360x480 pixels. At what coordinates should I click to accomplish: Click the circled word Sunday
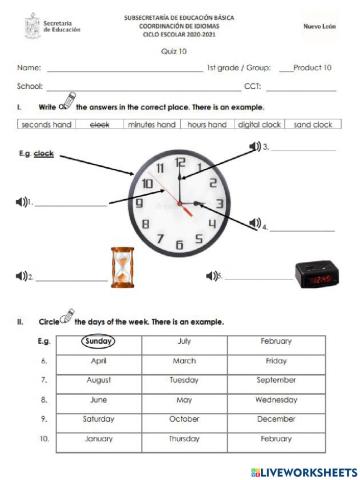tap(99, 341)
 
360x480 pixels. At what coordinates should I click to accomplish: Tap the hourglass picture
tap(122, 269)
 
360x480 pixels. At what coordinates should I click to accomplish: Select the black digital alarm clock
tap(316, 274)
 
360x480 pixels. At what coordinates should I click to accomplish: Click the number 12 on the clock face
tap(180, 162)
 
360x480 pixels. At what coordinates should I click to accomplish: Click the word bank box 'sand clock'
tap(313, 125)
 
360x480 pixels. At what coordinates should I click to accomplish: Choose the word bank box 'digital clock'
tap(258, 125)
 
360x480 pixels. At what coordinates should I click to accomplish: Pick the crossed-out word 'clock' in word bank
tap(100, 125)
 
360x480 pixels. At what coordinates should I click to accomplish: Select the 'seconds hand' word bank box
tap(47, 125)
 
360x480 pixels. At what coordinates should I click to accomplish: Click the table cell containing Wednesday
tap(276, 399)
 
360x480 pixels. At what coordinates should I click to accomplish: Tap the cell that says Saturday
tap(99, 418)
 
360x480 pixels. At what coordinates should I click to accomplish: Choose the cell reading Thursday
tap(184, 438)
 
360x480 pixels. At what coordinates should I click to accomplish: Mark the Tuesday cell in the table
tap(184, 380)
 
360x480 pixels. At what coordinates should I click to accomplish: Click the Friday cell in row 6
tap(276, 360)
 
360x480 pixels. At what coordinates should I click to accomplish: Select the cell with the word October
tap(184, 418)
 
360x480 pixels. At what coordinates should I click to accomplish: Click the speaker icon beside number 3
tap(254, 146)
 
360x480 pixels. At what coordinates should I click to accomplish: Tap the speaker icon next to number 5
tap(211, 275)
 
